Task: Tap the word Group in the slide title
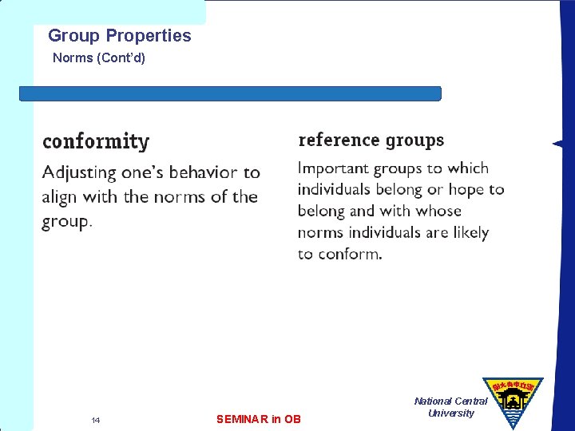click(74, 36)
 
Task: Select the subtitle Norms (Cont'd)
click(99, 58)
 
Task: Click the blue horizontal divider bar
click(230, 93)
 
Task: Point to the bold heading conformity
click(96, 142)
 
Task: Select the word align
click(62, 197)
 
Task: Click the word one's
click(142, 173)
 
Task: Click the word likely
click(468, 232)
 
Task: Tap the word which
click(468, 168)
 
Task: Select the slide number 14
click(95, 420)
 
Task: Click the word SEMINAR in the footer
click(242, 419)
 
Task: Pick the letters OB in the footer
click(292, 419)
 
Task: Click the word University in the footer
click(451, 413)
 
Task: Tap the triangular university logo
click(512, 397)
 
